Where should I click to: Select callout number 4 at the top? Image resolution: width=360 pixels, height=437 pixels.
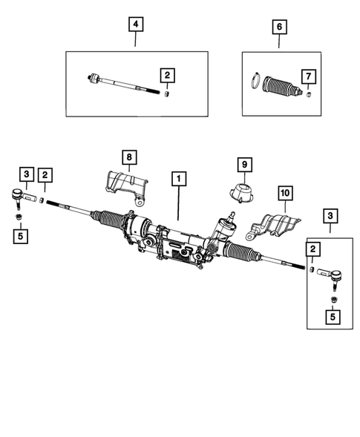(135, 25)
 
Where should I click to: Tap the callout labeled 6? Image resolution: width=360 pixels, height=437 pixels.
(279, 27)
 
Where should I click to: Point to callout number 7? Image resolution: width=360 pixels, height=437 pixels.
(307, 76)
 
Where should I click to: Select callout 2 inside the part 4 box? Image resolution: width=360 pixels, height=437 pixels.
(168, 75)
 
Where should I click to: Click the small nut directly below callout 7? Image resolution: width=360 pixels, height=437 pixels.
(307, 93)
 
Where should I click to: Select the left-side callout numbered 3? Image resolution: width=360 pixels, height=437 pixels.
(26, 174)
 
